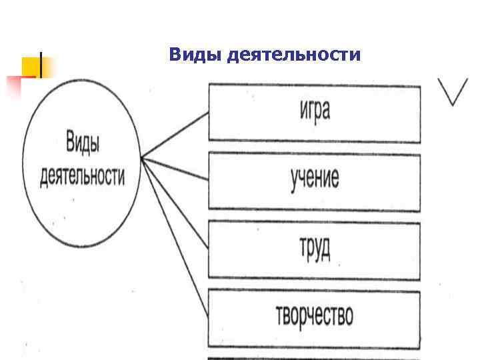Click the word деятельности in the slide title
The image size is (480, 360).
pos(294,55)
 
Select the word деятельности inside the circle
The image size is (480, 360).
pos(83,176)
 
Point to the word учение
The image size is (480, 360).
pos(314,179)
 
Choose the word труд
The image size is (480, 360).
pos(314,248)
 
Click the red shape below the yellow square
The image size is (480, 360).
pos(16,85)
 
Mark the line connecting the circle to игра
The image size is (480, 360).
pos(175,135)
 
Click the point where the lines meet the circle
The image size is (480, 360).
pos(141,157)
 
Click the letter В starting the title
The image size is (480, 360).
pos(176,55)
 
